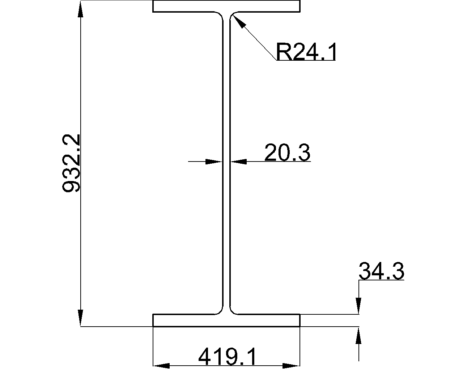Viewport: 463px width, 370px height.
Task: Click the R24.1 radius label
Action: pos(306,52)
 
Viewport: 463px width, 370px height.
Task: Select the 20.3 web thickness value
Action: pos(287,152)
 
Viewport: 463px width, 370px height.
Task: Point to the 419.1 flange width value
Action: pos(228,357)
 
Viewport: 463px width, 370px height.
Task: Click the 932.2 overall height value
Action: pos(71,163)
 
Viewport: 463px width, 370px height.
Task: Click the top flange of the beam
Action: pos(226,7)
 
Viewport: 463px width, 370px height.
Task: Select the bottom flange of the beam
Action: pos(226,320)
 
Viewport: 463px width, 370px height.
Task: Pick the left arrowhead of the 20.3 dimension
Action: pos(213,162)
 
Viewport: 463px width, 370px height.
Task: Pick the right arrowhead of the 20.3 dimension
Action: pos(239,162)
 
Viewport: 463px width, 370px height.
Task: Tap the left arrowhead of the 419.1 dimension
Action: pos(161,366)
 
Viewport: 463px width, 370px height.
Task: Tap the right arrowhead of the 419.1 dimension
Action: pos(292,366)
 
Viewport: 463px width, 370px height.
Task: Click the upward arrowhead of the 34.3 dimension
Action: pos(358,335)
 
